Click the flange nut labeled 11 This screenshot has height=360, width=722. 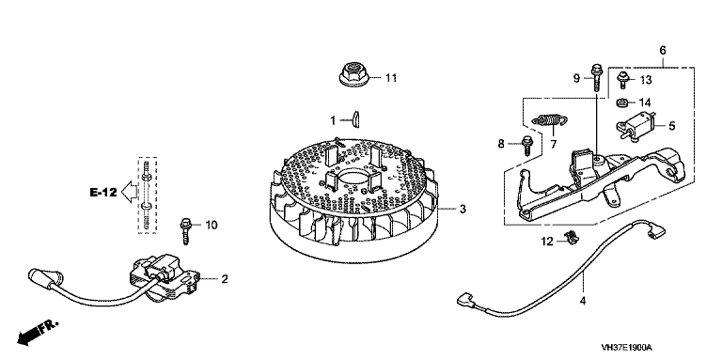pyautogui.click(x=353, y=74)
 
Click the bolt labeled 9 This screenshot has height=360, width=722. pyautogui.click(x=595, y=77)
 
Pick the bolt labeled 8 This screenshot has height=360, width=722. pyautogui.click(x=528, y=145)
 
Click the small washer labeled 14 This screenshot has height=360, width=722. pyautogui.click(x=623, y=102)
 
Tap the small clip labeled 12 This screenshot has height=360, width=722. pyautogui.click(x=572, y=237)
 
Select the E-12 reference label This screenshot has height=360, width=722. pyautogui.click(x=103, y=193)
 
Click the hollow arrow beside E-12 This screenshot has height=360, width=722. pyautogui.click(x=129, y=192)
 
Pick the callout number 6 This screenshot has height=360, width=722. pyautogui.click(x=663, y=51)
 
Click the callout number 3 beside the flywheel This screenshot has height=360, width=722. pyautogui.click(x=463, y=210)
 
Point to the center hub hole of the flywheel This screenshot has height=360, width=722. pyautogui.click(x=354, y=179)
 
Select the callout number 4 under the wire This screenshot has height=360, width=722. pyautogui.click(x=583, y=302)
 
